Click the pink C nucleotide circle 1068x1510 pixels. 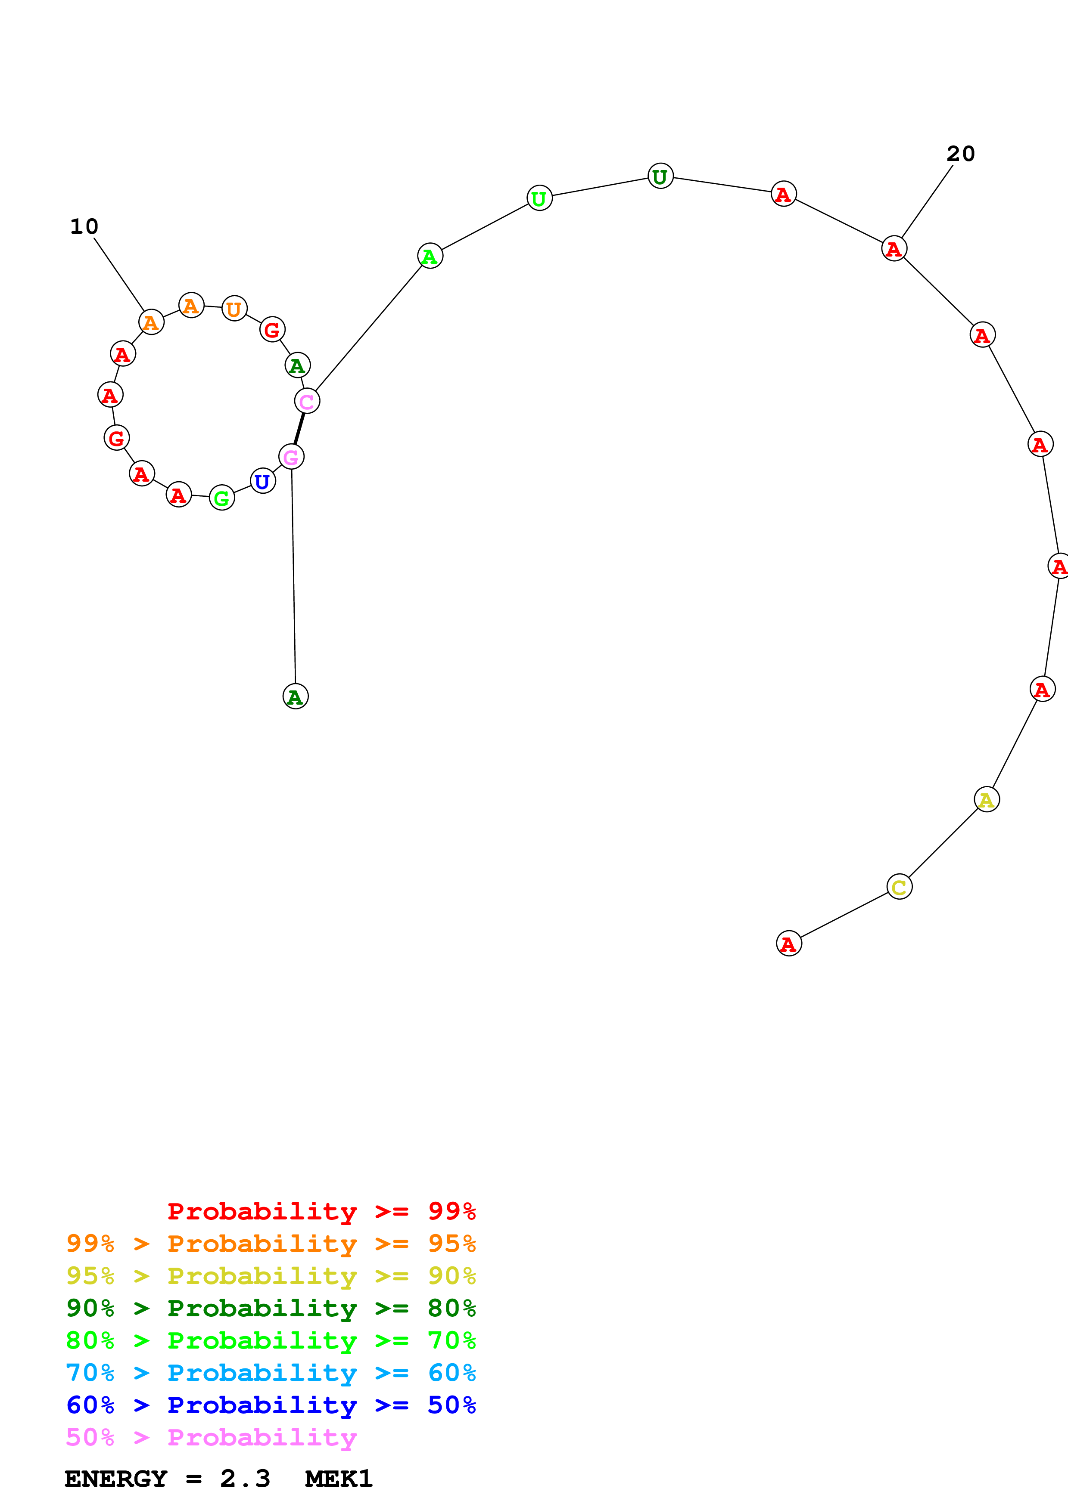coord(307,401)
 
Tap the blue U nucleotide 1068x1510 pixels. coord(262,481)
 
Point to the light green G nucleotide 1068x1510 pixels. coord(222,498)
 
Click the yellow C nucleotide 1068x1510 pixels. coord(899,887)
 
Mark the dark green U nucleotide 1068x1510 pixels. coord(660,176)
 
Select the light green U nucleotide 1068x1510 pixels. coord(539,198)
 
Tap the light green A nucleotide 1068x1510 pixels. coord(430,256)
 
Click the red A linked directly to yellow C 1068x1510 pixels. coord(788,944)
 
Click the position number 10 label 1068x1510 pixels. coord(84,226)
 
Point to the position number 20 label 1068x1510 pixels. coord(960,154)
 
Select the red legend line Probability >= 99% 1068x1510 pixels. coord(321,1211)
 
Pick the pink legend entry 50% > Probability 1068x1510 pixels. coord(211,1438)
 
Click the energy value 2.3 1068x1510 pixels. coord(245,1479)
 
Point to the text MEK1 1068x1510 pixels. coord(338,1479)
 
